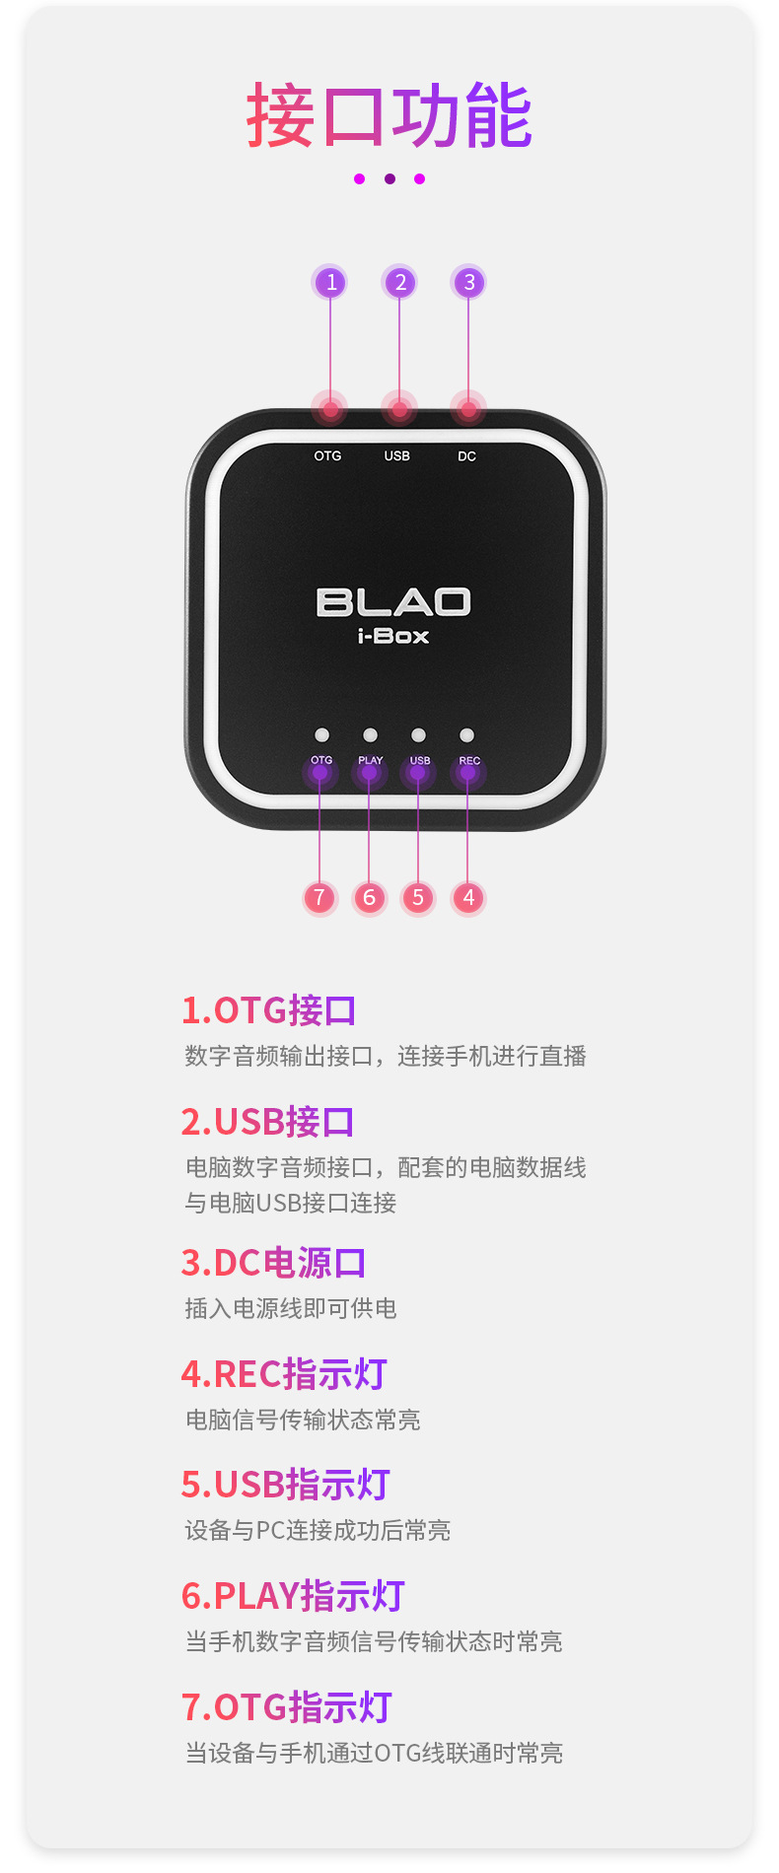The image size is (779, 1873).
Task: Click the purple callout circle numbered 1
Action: [x=330, y=283]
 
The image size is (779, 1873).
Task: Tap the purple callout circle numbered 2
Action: [x=399, y=283]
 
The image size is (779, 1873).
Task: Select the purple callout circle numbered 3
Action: [x=468, y=283]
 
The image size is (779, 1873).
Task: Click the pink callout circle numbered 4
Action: [x=468, y=898]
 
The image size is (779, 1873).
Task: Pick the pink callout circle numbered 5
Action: [x=418, y=898]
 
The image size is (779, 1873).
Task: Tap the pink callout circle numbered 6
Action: [x=369, y=898]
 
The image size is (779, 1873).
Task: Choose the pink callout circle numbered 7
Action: [x=319, y=898]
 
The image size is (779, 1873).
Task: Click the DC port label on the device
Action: [x=466, y=456]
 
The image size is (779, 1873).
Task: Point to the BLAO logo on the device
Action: [x=393, y=602]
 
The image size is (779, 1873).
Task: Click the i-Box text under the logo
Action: [x=393, y=637]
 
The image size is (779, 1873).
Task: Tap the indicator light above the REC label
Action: [x=467, y=735]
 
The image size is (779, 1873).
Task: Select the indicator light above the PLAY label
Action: [x=370, y=735]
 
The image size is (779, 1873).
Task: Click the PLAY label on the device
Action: [x=370, y=761]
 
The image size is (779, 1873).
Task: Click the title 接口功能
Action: [x=389, y=116]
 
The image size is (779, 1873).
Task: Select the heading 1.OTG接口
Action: [x=268, y=1010]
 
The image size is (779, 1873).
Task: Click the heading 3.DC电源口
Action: [x=273, y=1263]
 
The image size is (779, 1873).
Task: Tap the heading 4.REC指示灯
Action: [x=284, y=1374]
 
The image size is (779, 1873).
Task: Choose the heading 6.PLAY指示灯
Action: [x=293, y=1596]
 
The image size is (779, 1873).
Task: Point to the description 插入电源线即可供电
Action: [x=291, y=1309]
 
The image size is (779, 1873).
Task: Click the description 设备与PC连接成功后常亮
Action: [x=318, y=1531]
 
